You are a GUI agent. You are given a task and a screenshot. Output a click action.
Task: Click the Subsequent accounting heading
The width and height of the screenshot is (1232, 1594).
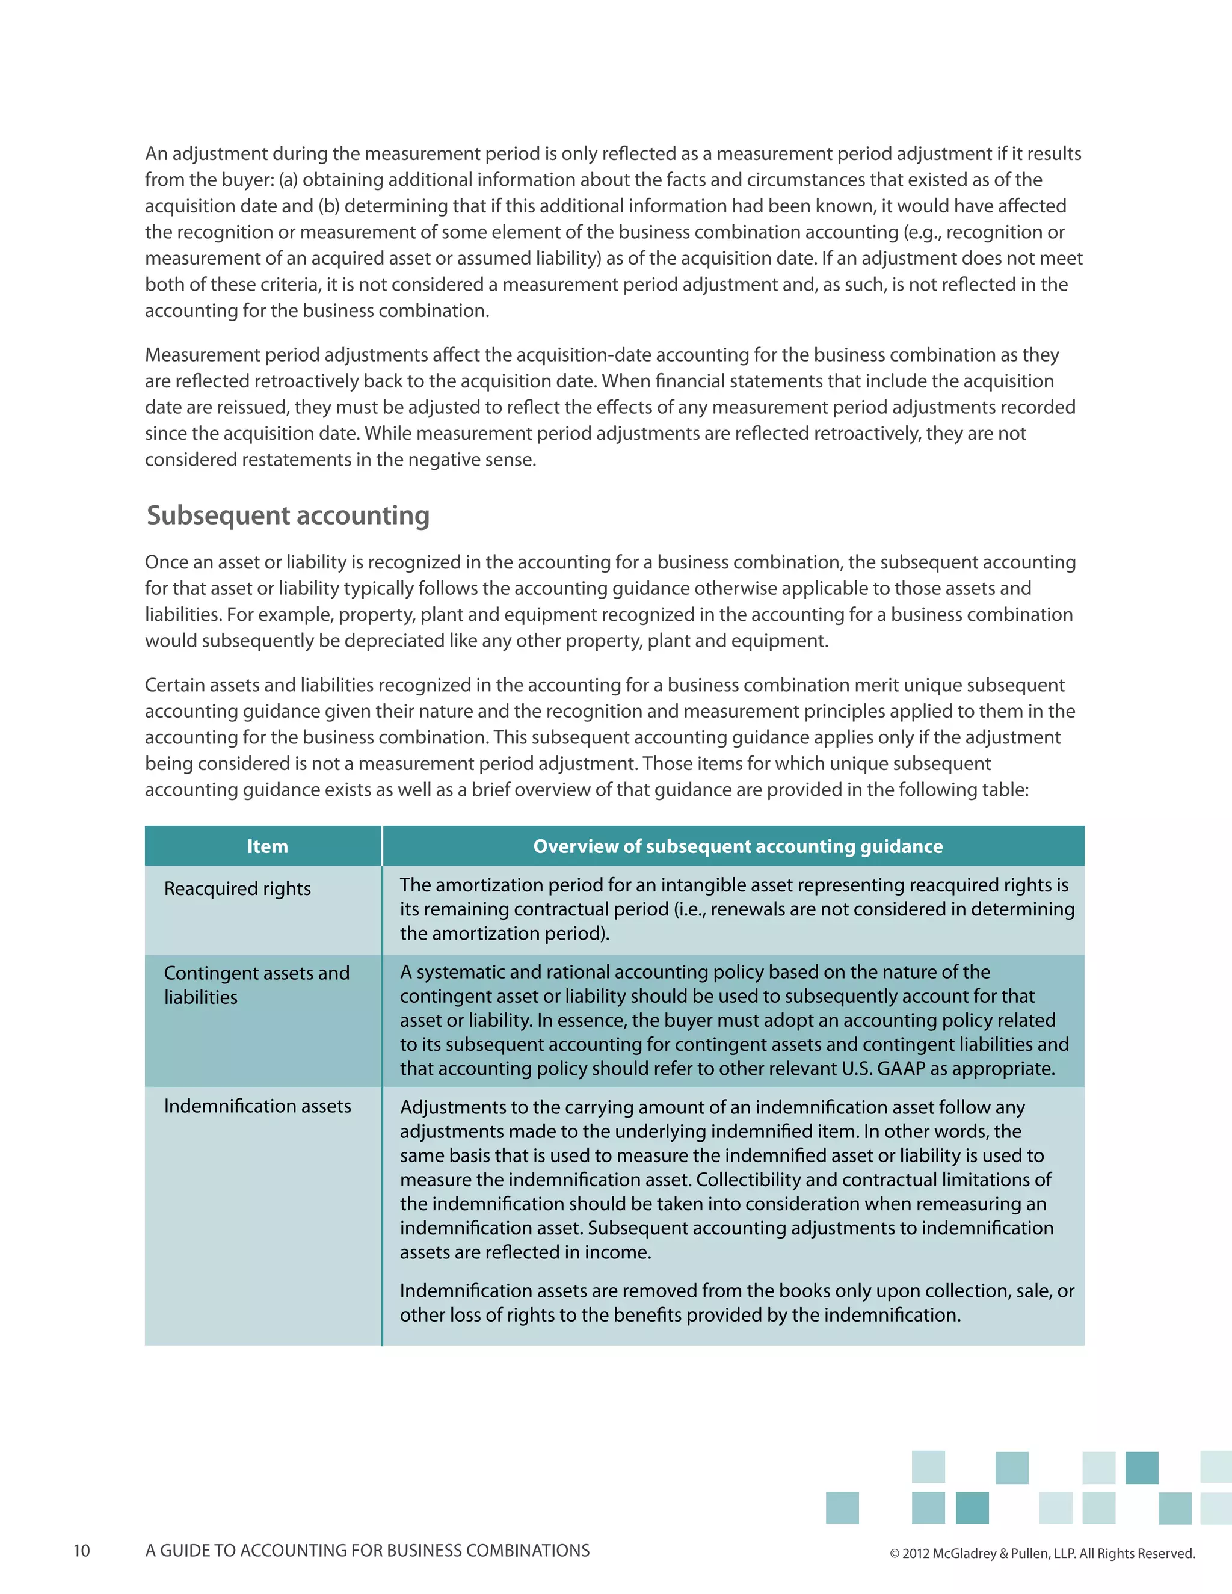(x=288, y=515)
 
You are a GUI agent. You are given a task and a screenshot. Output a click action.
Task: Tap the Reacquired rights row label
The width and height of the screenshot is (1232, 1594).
(x=237, y=888)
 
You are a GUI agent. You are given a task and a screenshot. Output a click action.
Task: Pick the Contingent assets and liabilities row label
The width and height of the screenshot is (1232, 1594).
(x=256, y=985)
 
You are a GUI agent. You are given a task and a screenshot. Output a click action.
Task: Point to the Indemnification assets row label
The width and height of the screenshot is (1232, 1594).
(x=257, y=1106)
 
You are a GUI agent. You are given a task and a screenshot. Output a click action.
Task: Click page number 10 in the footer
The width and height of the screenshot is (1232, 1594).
(x=82, y=1550)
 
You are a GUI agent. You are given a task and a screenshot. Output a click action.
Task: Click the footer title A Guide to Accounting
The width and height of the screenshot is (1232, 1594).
(x=367, y=1550)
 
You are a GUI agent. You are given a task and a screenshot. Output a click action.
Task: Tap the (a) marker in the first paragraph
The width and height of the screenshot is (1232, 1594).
(x=288, y=179)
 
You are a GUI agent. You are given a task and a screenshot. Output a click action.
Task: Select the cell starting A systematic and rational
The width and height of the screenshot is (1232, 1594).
(x=733, y=1020)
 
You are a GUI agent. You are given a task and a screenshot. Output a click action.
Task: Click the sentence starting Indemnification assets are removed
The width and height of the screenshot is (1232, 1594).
(x=736, y=1302)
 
